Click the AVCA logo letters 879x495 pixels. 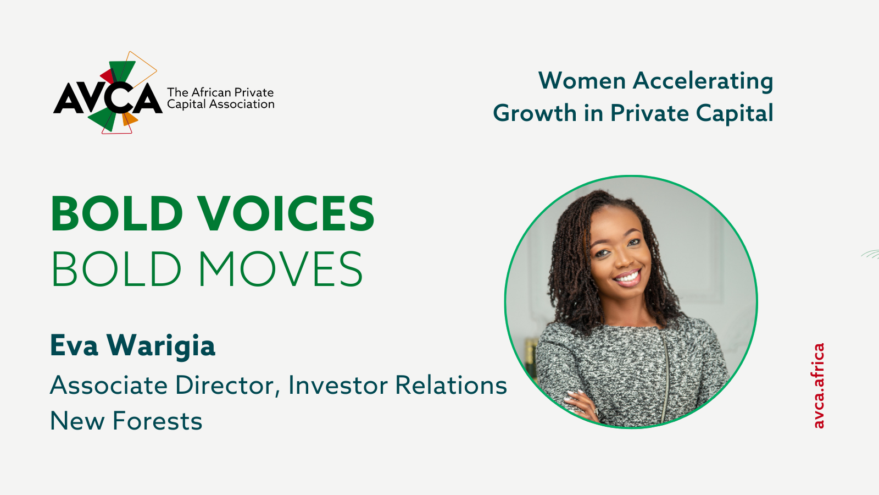click(108, 98)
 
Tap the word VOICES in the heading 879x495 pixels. click(286, 214)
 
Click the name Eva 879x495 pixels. click(74, 345)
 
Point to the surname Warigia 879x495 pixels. click(161, 346)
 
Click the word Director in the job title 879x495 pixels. click(227, 386)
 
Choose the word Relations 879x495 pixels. click(451, 385)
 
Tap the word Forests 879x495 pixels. click(157, 421)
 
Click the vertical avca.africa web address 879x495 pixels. click(819, 386)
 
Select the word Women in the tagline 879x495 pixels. click(582, 80)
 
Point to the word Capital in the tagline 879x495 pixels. click(735, 113)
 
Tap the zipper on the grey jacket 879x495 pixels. click(665, 377)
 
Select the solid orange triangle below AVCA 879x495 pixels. click(129, 119)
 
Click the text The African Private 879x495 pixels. click(220, 92)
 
